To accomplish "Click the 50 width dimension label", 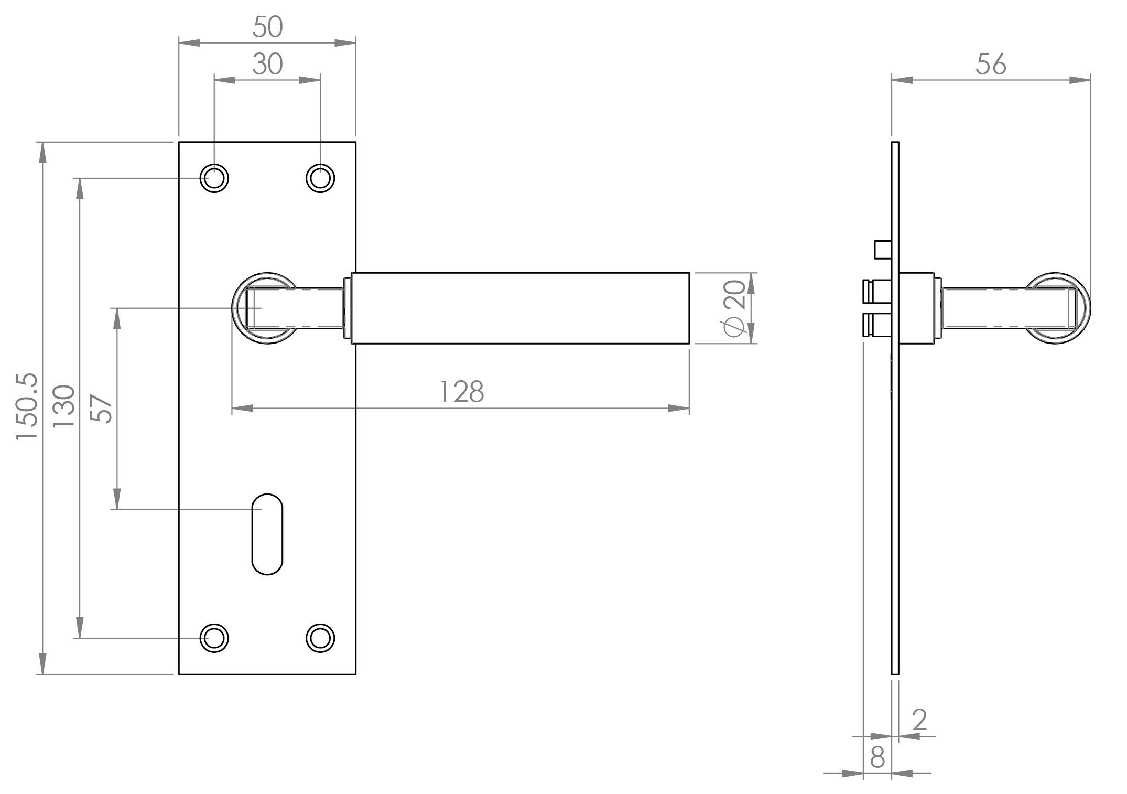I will [267, 27].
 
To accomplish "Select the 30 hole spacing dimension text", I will [267, 65].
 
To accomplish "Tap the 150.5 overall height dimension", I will [27, 406].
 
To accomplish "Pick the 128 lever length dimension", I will [461, 392].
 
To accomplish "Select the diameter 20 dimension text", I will [734, 308].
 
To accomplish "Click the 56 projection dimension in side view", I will [991, 65].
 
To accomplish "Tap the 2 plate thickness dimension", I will [919, 720].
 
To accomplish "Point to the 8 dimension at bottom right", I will [877, 757].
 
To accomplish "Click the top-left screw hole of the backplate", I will [214, 178].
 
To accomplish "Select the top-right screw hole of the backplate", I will [320, 178].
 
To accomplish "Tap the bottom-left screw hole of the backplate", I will [214, 638].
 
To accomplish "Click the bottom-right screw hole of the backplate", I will [320, 638].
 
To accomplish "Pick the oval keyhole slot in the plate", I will [267, 534].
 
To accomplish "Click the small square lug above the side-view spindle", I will [883, 249].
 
